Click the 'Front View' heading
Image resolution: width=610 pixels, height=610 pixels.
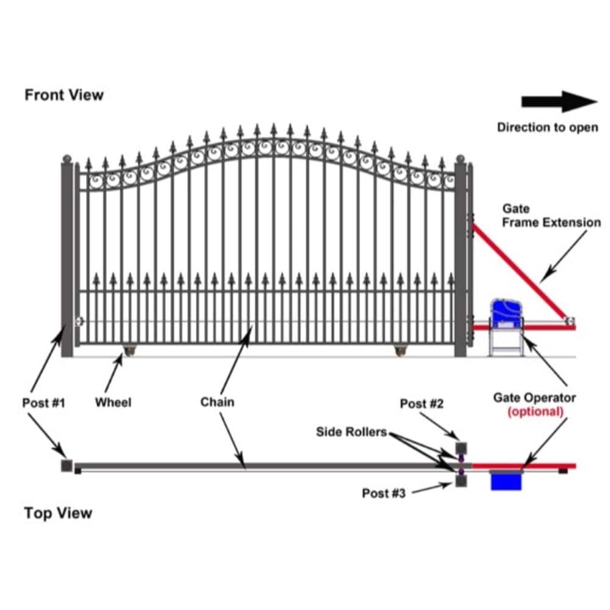click(64, 95)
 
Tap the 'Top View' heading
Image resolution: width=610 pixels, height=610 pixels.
click(58, 513)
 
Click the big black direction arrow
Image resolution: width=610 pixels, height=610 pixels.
click(559, 102)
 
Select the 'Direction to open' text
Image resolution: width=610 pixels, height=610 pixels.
click(547, 127)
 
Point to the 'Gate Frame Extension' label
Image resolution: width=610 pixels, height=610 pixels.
click(551, 216)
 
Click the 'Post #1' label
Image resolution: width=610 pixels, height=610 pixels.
click(43, 403)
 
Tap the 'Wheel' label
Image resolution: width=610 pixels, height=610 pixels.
click(113, 403)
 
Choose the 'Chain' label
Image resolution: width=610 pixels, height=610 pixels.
click(217, 403)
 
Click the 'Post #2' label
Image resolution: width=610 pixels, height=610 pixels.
click(422, 404)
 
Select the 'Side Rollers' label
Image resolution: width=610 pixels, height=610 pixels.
click(351, 432)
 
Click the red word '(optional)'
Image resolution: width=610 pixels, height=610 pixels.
click(535, 411)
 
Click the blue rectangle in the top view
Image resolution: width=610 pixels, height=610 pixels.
click(507, 481)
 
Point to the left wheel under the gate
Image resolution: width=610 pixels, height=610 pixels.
click(131, 350)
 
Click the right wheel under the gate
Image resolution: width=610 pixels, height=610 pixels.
click(400, 350)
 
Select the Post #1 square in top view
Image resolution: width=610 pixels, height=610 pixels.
click(66, 465)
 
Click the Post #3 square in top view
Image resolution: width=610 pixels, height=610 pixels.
click(462, 482)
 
